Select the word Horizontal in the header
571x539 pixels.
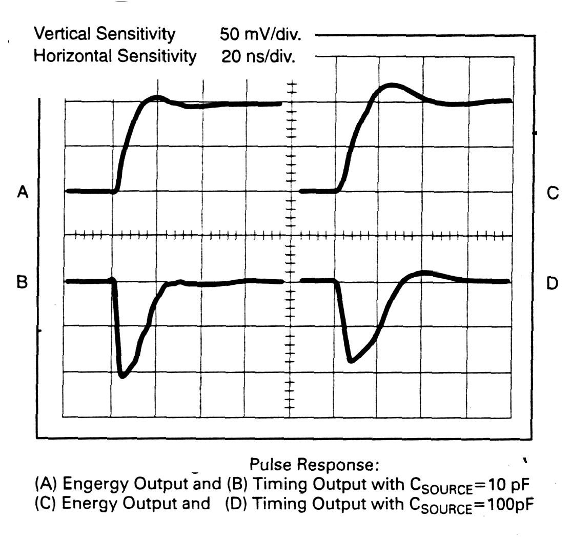tap(68, 56)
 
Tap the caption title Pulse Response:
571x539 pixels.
tap(314, 465)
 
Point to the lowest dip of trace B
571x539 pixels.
tap(123, 376)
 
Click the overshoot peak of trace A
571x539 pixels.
tap(156, 97)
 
